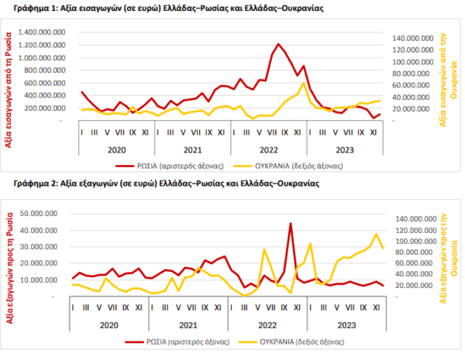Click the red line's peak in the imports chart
coord(278,44)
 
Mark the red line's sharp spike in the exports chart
coord(291,224)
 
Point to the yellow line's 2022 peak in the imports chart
coord(303,84)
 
